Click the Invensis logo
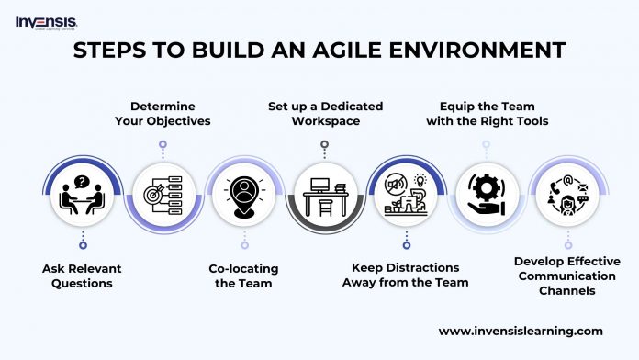[46, 21]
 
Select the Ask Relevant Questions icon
[82, 194]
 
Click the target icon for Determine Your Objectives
[163, 194]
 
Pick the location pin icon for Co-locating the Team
[243, 194]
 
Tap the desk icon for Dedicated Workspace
[324, 194]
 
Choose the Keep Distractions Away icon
[405, 194]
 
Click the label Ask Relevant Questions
[82, 275]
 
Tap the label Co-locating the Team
[245, 275]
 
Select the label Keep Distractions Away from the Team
[405, 275]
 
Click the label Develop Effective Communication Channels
[566, 275]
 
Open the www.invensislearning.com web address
[521, 331]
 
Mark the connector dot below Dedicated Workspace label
[324, 143]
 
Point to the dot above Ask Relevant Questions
[82, 245]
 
